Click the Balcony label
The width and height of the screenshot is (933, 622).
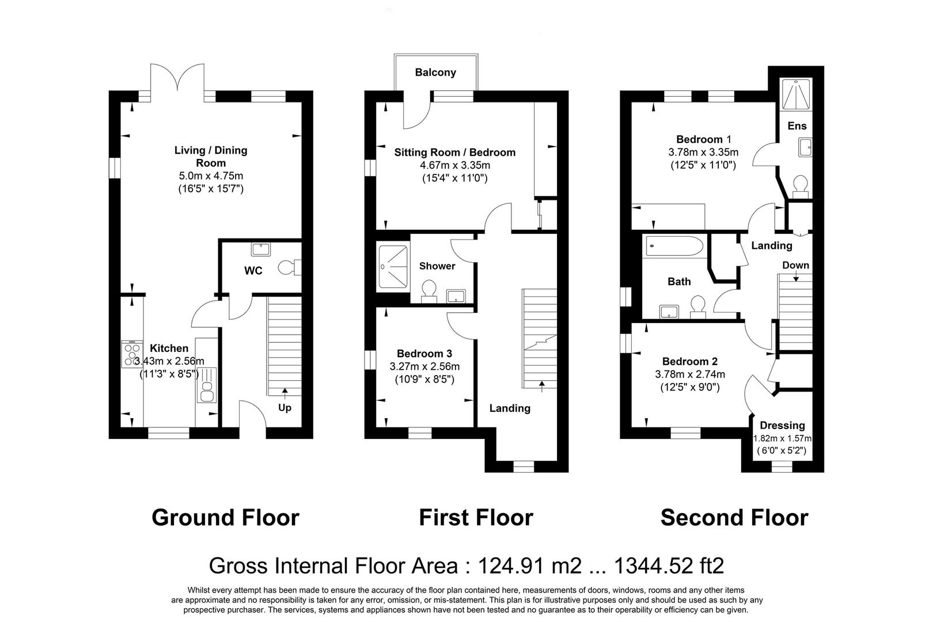click(x=435, y=73)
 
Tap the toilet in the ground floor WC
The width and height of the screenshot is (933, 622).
click(x=288, y=268)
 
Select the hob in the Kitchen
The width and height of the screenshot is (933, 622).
click(x=132, y=354)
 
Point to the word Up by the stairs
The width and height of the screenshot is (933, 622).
click(x=285, y=408)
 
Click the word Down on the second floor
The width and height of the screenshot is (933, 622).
click(x=795, y=266)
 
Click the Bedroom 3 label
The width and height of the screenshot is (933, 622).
click(x=424, y=354)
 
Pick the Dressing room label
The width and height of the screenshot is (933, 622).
click(x=782, y=426)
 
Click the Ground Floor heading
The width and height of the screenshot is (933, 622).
click(x=225, y=518)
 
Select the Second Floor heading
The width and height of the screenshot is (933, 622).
click(x=734, y=518)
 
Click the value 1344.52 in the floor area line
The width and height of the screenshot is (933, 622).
click(x=653, y=566)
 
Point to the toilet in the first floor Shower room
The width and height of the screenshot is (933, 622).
click(x=428, y=291)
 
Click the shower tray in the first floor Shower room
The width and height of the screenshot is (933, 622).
click(x=393, y=267)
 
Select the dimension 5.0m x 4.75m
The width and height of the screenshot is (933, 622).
click(x=211, y=176)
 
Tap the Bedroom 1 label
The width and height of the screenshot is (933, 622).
click(x=703, y=139)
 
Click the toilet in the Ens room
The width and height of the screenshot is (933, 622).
click(x=800, y=186)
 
